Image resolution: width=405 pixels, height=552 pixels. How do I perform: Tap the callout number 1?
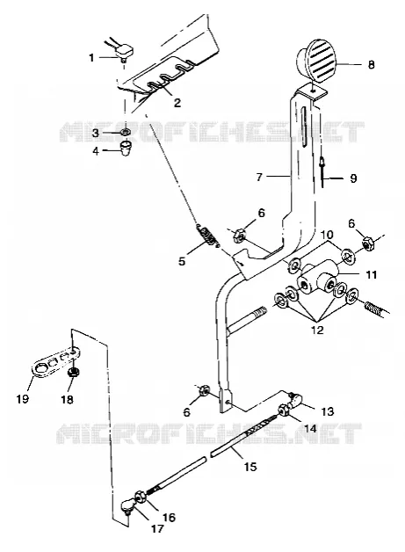coord(92,57)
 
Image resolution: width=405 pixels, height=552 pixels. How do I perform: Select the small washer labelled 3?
coord(125,133)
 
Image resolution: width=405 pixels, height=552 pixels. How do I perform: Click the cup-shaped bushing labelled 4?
coord(126,149)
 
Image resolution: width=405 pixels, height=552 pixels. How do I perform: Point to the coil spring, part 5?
coord(207,234)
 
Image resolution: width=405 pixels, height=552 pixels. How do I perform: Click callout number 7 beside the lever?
coord(259,177)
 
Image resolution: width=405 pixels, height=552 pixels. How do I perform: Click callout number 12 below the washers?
coord(317,330)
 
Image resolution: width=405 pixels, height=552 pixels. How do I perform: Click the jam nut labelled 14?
coord(283,410)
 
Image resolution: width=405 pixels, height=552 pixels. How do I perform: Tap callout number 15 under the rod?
coord(250,467)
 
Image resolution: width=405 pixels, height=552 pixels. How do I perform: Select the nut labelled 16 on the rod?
coord(139,497)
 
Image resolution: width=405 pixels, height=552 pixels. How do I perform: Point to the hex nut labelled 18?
coord(73,373)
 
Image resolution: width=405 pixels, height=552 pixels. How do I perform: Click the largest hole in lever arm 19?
coord(40,368)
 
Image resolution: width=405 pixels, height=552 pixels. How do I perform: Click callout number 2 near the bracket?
coord(177,102)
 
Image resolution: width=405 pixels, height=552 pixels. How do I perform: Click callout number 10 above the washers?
coord(328,235)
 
